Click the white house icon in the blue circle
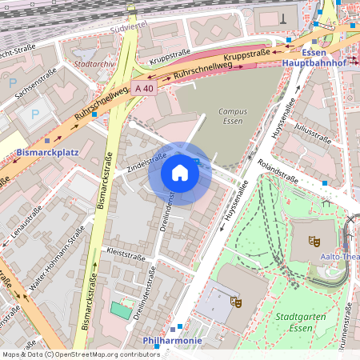(x=180, y=173)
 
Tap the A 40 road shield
(x=145, y=88)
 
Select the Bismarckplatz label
(x=48, y=151)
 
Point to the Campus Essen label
(x=234, y=118)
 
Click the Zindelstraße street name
(x=146, y=163)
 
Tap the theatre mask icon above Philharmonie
(x=235, y=302)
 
